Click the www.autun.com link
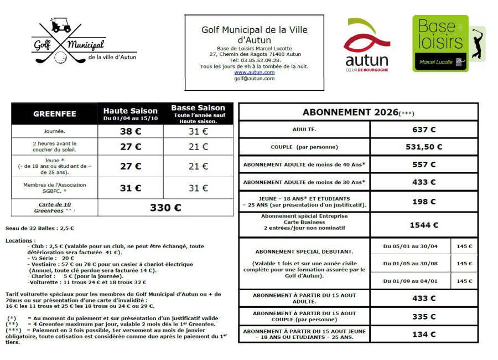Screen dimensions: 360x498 point(254,73)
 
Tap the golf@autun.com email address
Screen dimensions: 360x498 point(254,79)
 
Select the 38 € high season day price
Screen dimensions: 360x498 point(131,132)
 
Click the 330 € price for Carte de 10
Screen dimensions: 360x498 point(165,208)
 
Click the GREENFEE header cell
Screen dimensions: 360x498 point(55,114)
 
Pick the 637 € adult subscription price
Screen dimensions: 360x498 point(424,130)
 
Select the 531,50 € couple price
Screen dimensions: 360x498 point(424,147)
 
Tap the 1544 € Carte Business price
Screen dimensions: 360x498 point(424,225)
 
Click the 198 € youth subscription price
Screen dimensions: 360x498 point(424,202)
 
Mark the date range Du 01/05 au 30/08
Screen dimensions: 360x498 point(410,264)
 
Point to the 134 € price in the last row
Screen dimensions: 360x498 point(424,334)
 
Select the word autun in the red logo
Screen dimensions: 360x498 point(366,60)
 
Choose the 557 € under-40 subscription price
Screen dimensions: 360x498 point(424,164)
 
